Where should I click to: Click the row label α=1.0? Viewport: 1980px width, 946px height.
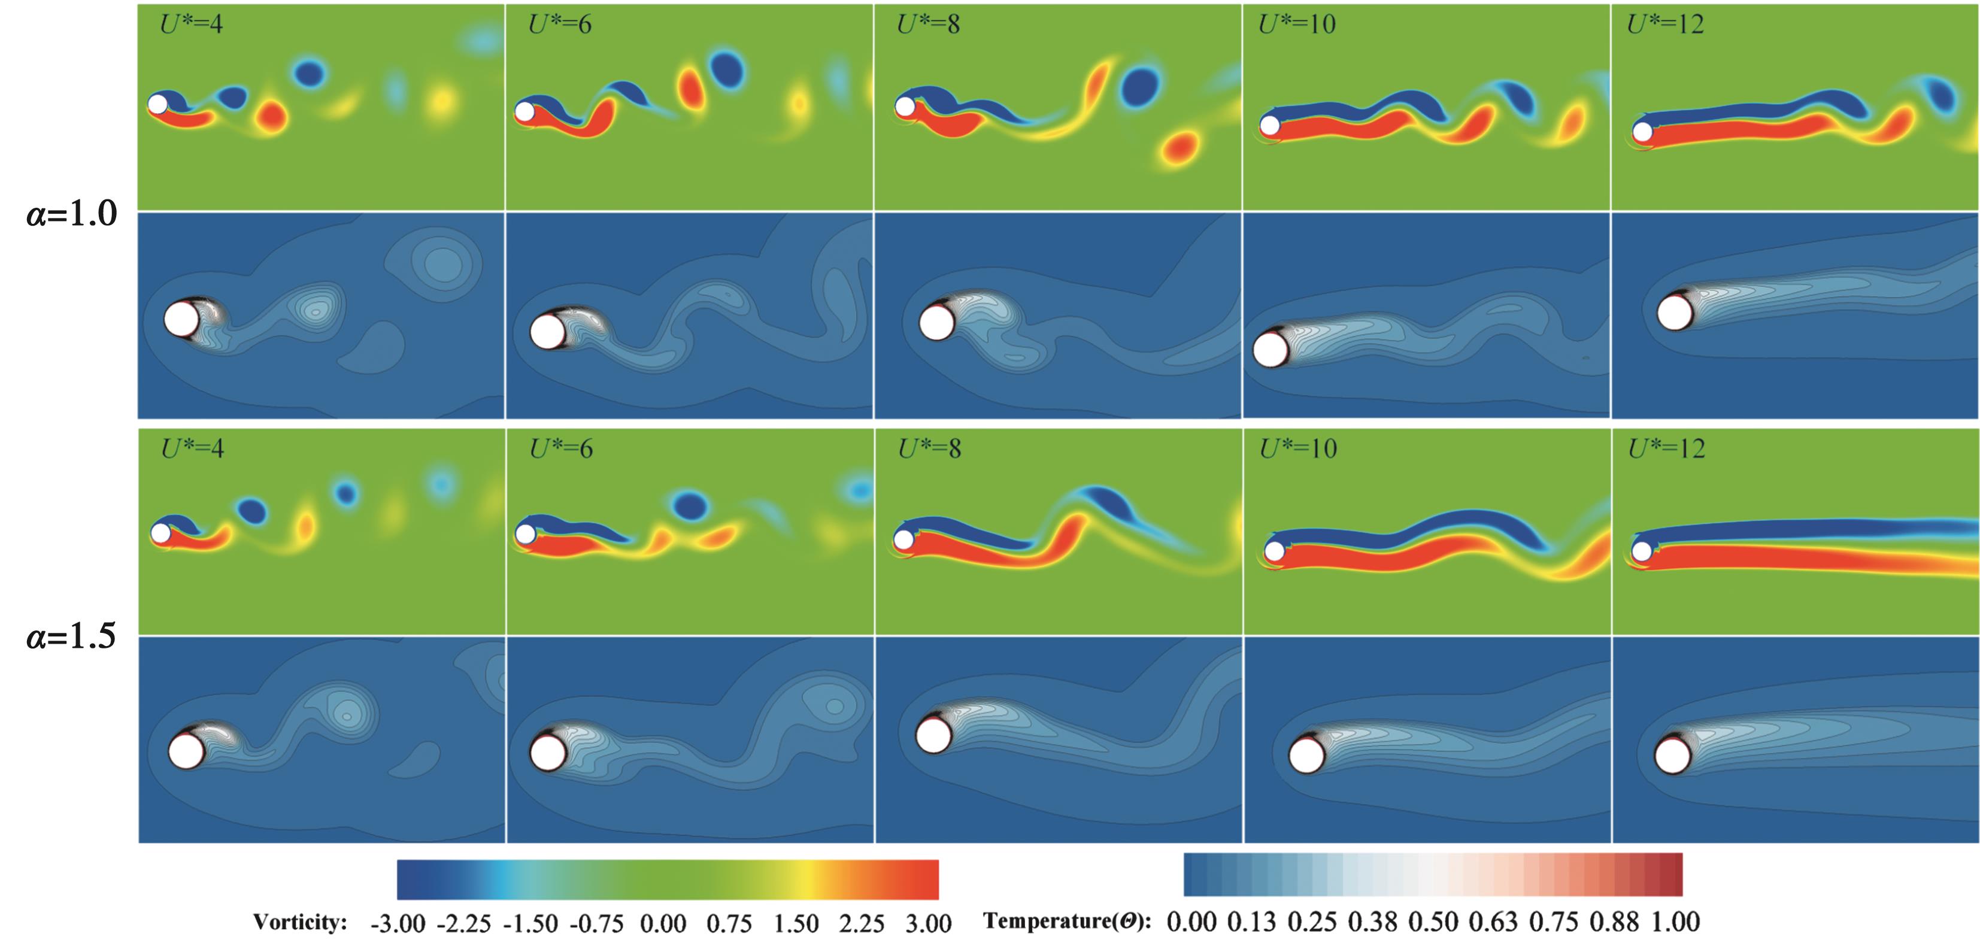[71, 214]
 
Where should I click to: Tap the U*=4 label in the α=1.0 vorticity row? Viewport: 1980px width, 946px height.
[192, 25]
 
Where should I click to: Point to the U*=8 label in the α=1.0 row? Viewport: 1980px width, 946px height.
[929, 25]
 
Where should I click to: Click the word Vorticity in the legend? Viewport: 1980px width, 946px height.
[300, 922]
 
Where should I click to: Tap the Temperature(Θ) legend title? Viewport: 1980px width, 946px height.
[1067, 921]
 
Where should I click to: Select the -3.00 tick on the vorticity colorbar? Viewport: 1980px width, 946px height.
[398, 923]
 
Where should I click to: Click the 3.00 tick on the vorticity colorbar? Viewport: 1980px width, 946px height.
[929, 923]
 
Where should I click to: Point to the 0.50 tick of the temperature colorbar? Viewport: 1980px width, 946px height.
[1433, 921]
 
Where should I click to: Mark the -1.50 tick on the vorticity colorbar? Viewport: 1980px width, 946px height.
[530, 923]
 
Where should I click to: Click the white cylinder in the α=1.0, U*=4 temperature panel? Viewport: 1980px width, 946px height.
[181, 319]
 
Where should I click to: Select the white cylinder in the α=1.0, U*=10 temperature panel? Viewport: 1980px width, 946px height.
[1271, 350]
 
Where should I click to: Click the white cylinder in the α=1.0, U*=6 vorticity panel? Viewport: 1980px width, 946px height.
[525, 112]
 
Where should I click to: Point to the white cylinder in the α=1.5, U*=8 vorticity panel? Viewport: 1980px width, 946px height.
[904, 539]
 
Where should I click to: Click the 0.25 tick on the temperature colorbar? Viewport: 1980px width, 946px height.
[1312, 921]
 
